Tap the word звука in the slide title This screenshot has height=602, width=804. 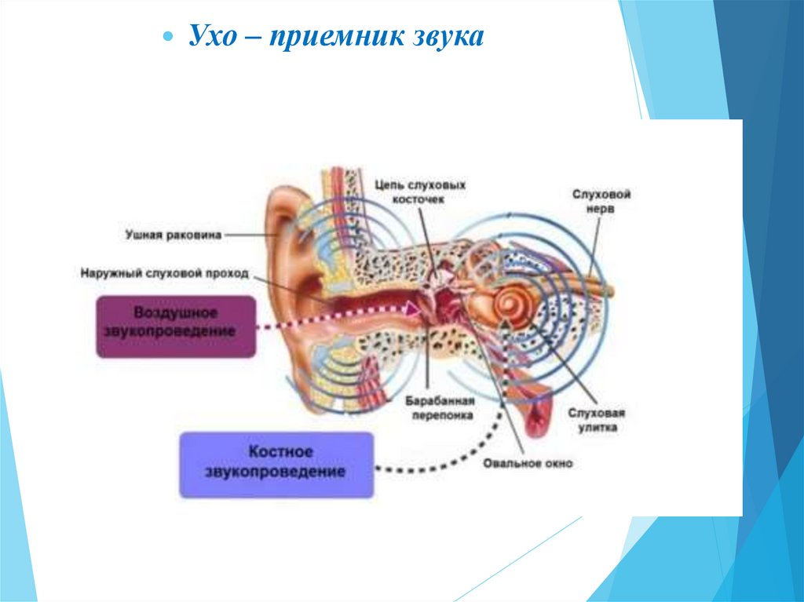[x=444, y=37]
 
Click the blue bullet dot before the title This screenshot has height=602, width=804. [x=166, y=38]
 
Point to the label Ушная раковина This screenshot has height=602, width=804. [x=174, y=234]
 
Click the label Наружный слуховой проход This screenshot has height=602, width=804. [x=164, y=274]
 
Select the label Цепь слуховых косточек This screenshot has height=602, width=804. [x=420, y=192]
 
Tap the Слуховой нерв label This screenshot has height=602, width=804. [x=602, y=202]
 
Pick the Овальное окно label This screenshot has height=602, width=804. [x=528, y=463]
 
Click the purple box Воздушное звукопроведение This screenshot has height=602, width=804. [x=177, y=327]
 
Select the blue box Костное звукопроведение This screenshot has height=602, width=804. [x=276, y=464]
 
